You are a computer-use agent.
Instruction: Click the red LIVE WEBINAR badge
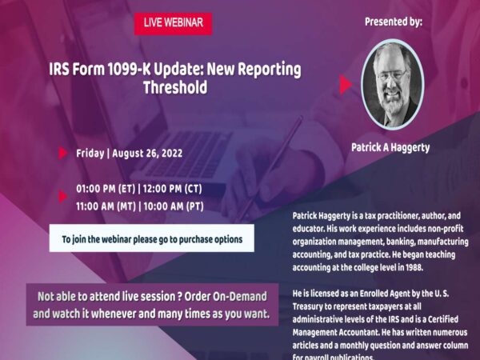click(173, 23)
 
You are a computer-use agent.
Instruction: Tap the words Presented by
click(393, 22)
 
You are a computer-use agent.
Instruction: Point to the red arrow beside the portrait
click(346, 85)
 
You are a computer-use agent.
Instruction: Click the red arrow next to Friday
click(63, 152)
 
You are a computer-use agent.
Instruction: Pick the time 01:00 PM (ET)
click(106, 190)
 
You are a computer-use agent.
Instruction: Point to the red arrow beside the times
click(63, 197)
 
